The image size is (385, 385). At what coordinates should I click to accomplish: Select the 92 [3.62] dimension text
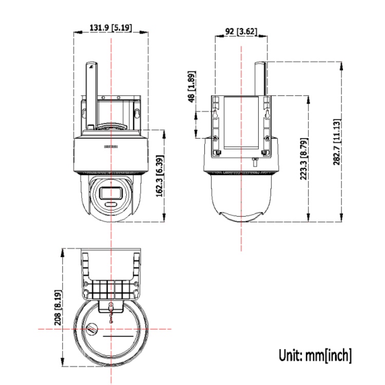point(241,31)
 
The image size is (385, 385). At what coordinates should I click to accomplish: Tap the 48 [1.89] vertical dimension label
point(191,88)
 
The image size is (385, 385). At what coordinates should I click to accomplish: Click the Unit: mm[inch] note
point(315,355)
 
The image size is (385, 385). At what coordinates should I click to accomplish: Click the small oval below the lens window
point(111,204)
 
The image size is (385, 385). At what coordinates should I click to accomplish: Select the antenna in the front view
point(91,95)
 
